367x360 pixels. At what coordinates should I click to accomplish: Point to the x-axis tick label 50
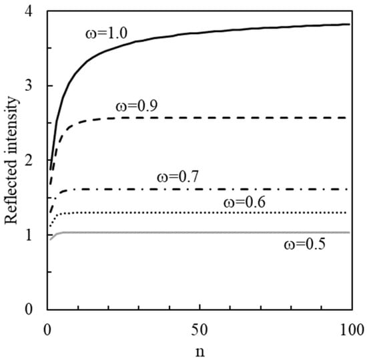point(200,329)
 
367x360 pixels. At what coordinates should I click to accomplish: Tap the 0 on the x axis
point(47,329)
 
